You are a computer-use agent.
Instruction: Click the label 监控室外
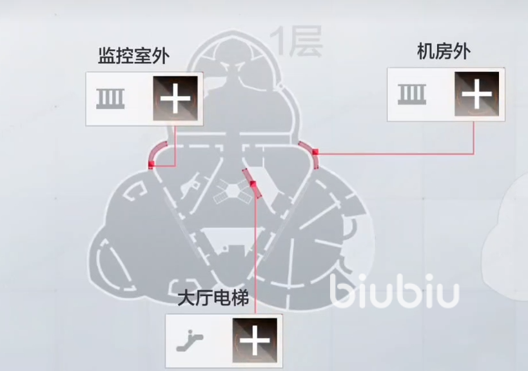point(133,55)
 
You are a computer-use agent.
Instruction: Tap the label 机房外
point(444,52)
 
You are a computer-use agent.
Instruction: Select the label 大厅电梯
point(213,298)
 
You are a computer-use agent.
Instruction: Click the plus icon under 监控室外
point(175,98)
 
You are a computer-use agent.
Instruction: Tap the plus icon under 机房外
point(477,94)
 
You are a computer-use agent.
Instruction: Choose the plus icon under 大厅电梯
point(255,340)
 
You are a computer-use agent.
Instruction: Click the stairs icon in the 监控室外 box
point(110,99)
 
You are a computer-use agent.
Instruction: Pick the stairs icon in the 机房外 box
point(412,94)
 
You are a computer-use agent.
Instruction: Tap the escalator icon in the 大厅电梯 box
point(190,341)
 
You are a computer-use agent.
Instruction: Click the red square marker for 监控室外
point(152,164)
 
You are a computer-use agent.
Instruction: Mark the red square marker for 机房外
point(315,152)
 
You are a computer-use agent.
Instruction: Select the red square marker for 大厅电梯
point(253,184)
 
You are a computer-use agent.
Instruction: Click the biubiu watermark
point(395,292)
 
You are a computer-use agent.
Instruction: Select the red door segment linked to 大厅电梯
point(252,183)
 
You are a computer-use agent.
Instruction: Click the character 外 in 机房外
point(462,52)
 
